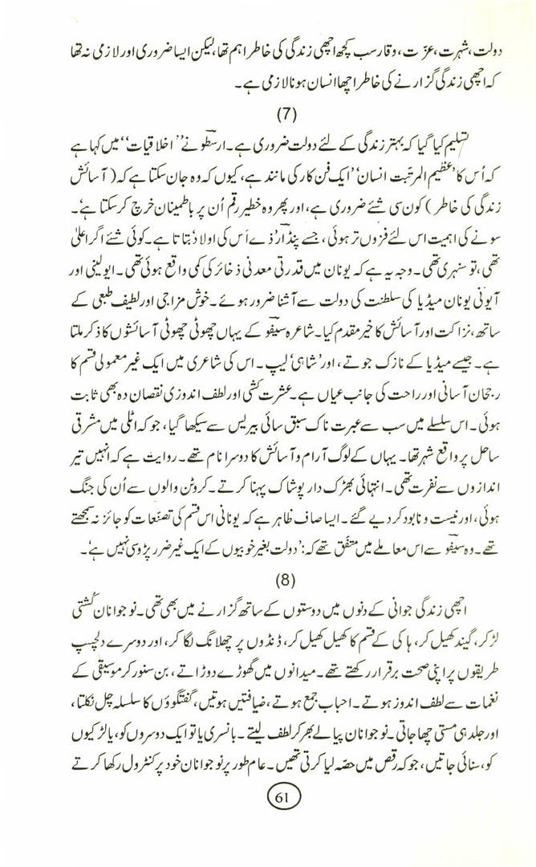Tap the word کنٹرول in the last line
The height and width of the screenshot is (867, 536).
tap(109, 735)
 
